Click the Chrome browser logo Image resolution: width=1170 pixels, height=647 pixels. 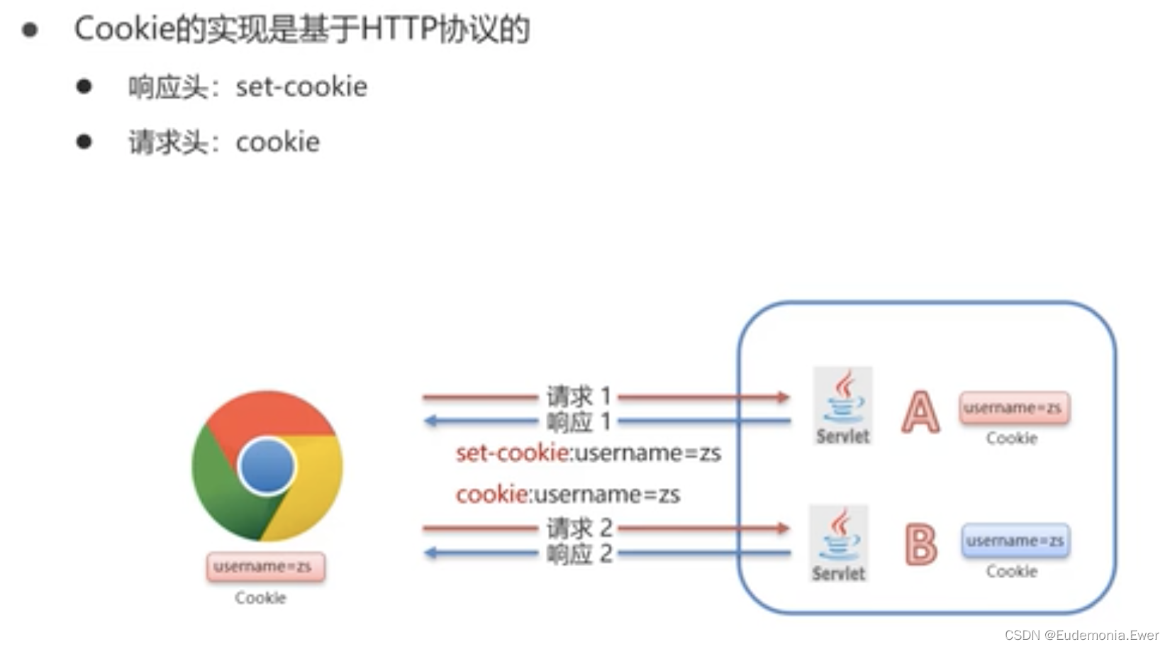click(x=267, y=466)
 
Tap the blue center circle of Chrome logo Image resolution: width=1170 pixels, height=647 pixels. click(x=267, y=466)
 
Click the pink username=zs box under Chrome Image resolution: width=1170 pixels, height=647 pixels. click(x=266, y=567)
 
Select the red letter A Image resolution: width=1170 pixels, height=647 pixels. click(x=920, y=411)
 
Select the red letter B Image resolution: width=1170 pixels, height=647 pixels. click(x=921, y=544)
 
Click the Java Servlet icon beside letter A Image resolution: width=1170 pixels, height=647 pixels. click(x=842, y=406)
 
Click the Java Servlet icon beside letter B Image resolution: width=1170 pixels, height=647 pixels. click(x=839, y=543)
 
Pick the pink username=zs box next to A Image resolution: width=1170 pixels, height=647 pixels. click(x=1014, y=408)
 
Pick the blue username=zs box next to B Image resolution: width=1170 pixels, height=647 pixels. click(x=1015, y=541)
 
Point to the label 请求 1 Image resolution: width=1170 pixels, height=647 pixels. click(x=578, y=396)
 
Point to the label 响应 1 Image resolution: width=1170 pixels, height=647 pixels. click(x=578, y=422)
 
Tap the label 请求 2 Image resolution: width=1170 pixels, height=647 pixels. click(x=578, y=528)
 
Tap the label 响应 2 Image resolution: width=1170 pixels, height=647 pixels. click(x=578, y=553)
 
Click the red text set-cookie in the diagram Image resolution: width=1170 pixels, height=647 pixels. click(x=512, y=453)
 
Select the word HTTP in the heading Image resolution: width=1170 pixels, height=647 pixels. click(x=398, y=29)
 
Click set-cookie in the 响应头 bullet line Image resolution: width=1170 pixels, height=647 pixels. click(x=301, y=87)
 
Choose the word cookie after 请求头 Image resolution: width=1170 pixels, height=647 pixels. click(x=277, y=142)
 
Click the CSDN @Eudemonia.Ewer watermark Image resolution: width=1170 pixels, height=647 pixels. click(x=1081, y=635)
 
